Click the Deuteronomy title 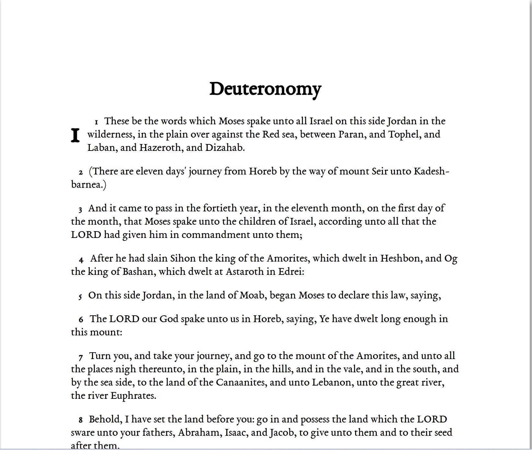coord(265,89)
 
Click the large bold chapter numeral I coord(75,135)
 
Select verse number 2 coord(81,173)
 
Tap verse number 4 coord(81,260)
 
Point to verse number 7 coord(81,357)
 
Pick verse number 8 coord(81,421)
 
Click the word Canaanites coord(241,382)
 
